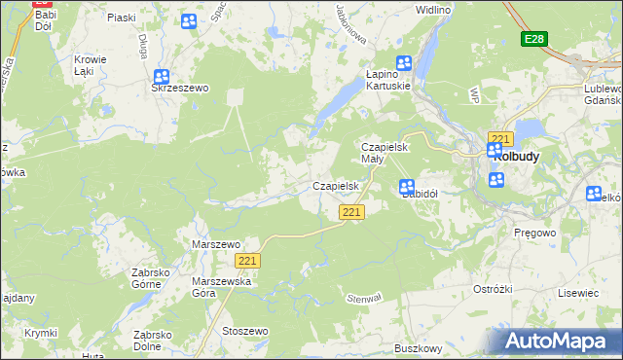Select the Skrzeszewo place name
coord(180,88)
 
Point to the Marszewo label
coord(216,244)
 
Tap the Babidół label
coord(421,193)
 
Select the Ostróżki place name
coord(493,290)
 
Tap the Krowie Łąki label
coord(91,65)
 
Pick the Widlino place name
coord(432,10)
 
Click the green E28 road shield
coord(533,39)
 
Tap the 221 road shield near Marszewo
coord(248,260)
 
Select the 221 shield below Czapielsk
coord(352,212)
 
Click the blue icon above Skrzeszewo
coord(162,76)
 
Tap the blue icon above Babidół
coord(407,187)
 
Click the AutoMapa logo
coord(560,341)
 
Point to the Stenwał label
coord(364,298)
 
